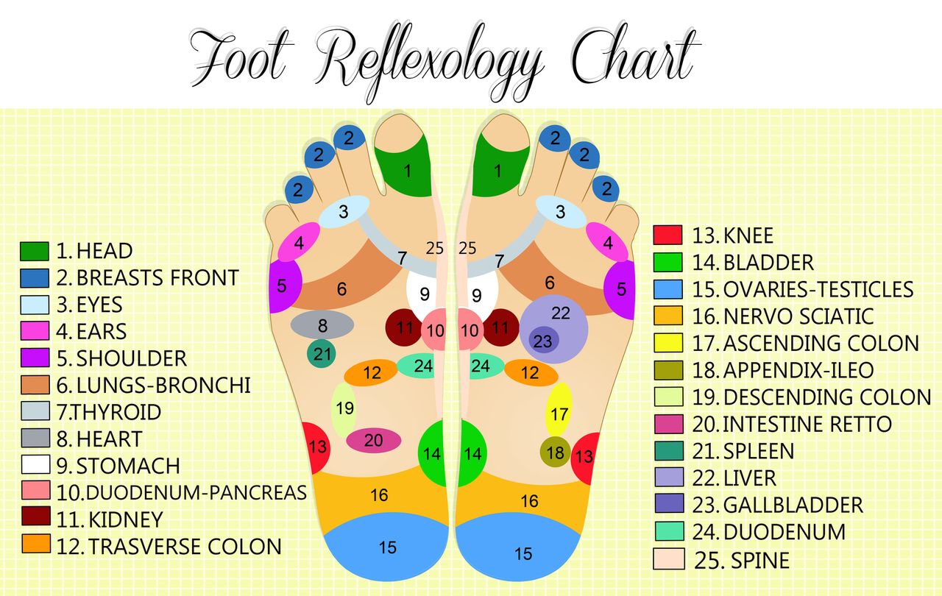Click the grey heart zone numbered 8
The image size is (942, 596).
point(322,324)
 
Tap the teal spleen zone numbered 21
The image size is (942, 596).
point(322,354)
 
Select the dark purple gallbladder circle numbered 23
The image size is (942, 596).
point(542,341)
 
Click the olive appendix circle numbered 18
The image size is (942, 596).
point(555,452)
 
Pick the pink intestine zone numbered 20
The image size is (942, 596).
point(373,440)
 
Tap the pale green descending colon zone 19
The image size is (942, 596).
point(344,408)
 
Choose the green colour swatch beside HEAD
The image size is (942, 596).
point(35,252)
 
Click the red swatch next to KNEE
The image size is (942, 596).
point(667,235)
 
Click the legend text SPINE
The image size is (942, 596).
point(759,561)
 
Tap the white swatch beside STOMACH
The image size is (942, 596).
point(35,465)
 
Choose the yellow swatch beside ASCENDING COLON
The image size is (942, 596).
point(667,343)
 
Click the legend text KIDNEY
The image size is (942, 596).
point(125,519)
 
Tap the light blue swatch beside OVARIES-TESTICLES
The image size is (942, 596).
point(667,289)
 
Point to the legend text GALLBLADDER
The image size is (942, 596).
point(793,505)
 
